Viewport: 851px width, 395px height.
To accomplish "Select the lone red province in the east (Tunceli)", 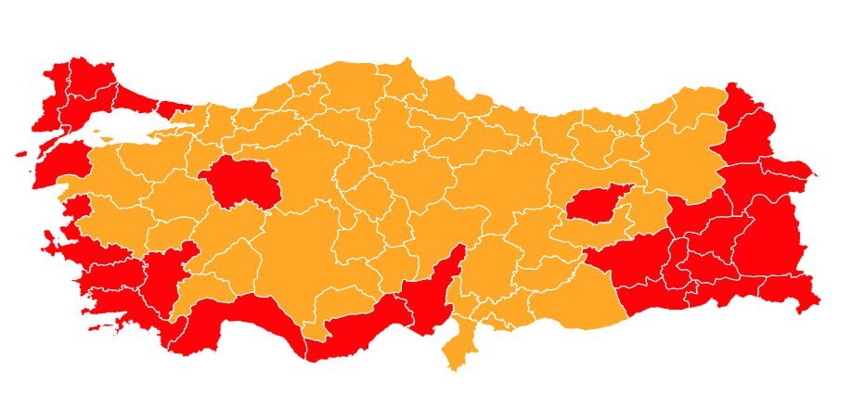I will pos(596,203).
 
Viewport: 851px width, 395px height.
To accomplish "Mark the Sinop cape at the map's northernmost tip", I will pos(406,64).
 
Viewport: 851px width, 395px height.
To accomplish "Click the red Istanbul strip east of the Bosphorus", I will pos(171,108).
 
